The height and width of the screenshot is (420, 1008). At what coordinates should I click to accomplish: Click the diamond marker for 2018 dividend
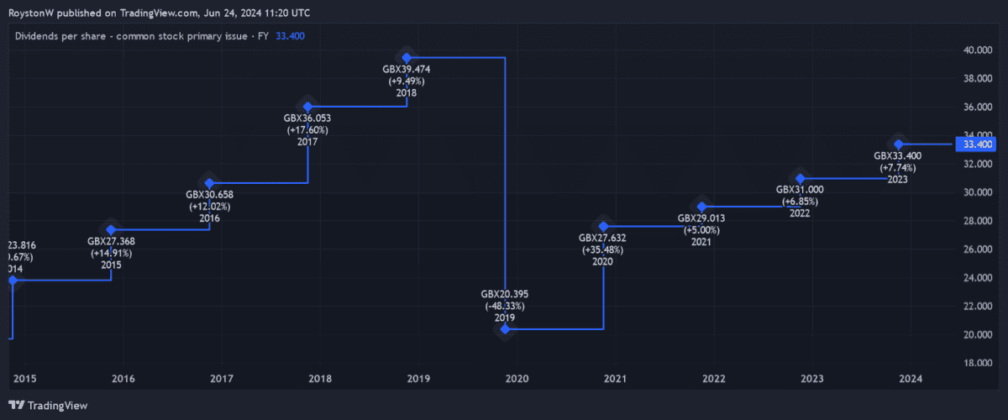point(407,57)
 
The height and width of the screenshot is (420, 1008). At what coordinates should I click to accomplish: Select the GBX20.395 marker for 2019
point(505,328)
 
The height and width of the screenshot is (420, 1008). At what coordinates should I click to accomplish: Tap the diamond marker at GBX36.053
point(308,107)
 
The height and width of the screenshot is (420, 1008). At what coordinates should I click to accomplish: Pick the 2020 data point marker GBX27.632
point(603,226)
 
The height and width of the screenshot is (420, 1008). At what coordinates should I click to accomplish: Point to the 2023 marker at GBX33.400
point(899,144)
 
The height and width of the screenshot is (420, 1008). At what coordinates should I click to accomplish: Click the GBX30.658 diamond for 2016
point(209,182)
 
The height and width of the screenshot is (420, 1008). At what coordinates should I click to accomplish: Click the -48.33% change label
point(504,307)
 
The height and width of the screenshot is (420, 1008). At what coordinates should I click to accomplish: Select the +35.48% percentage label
point(602,250)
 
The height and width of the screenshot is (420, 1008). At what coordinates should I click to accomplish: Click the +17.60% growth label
point(307,130)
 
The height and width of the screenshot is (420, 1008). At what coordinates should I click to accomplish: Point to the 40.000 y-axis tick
point(975,50)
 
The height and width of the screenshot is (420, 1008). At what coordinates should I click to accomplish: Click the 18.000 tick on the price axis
point(975,364)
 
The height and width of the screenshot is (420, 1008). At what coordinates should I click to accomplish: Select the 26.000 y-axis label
point(975,249)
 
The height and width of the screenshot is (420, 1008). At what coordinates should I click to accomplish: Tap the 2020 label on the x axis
point(517,379)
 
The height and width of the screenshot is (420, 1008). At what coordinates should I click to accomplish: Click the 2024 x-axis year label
point(911,379)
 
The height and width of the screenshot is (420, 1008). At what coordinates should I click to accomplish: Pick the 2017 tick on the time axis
point(222,379)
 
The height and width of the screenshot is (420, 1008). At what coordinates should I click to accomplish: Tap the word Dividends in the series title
point(37,36)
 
